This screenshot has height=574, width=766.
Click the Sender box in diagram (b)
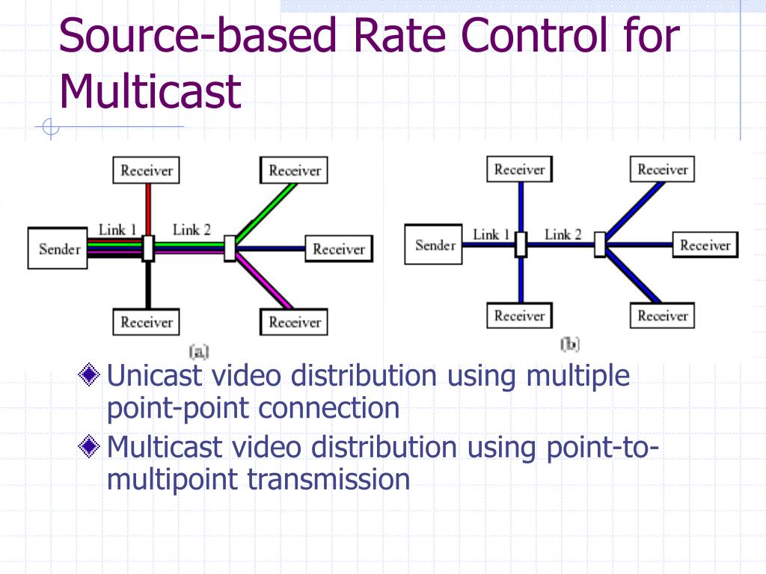435,245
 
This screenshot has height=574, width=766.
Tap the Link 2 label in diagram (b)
563,235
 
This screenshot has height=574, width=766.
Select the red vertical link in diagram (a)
148,209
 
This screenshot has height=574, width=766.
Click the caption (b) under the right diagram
570,344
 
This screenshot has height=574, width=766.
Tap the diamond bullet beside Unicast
90,374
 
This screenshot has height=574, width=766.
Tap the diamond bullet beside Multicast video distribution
90,447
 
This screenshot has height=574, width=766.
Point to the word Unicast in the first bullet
155,375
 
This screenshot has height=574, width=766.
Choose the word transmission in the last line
328,479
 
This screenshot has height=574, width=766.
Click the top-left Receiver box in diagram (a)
147,170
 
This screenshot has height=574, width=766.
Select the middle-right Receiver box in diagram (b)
705,245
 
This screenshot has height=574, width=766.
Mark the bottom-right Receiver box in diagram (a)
295,323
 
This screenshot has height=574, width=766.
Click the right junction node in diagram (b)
599,244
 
